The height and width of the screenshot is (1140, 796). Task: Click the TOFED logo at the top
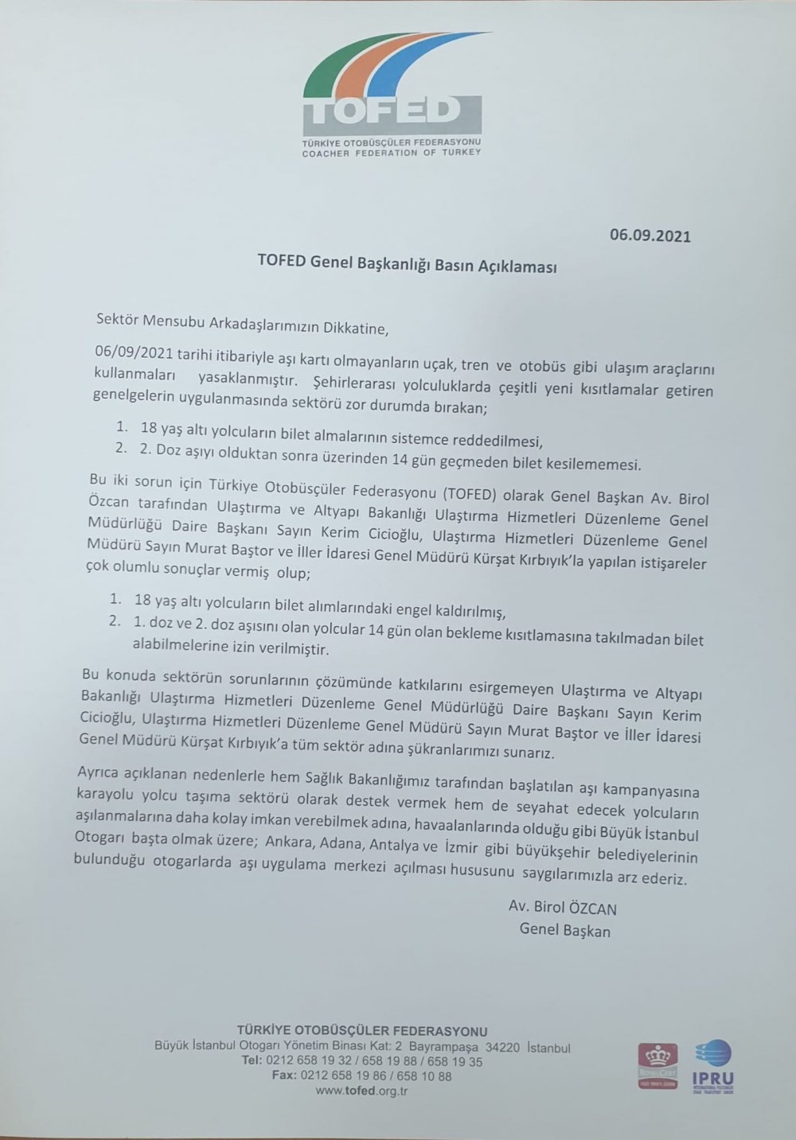pyautogui.click(x=392, y=93)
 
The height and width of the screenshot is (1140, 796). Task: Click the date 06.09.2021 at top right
pyautogui.click(x=650, y=235)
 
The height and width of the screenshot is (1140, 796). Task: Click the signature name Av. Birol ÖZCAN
pyautogui.click(x=562, y=908)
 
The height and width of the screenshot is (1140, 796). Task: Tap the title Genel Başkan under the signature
pyautogui.click(x=565, y=929)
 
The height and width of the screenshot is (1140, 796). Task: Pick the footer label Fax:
pyautogui.click(x=284, y=1076)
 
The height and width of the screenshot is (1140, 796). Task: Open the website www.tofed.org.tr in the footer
pyautogui.click(x=361, y=1091)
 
